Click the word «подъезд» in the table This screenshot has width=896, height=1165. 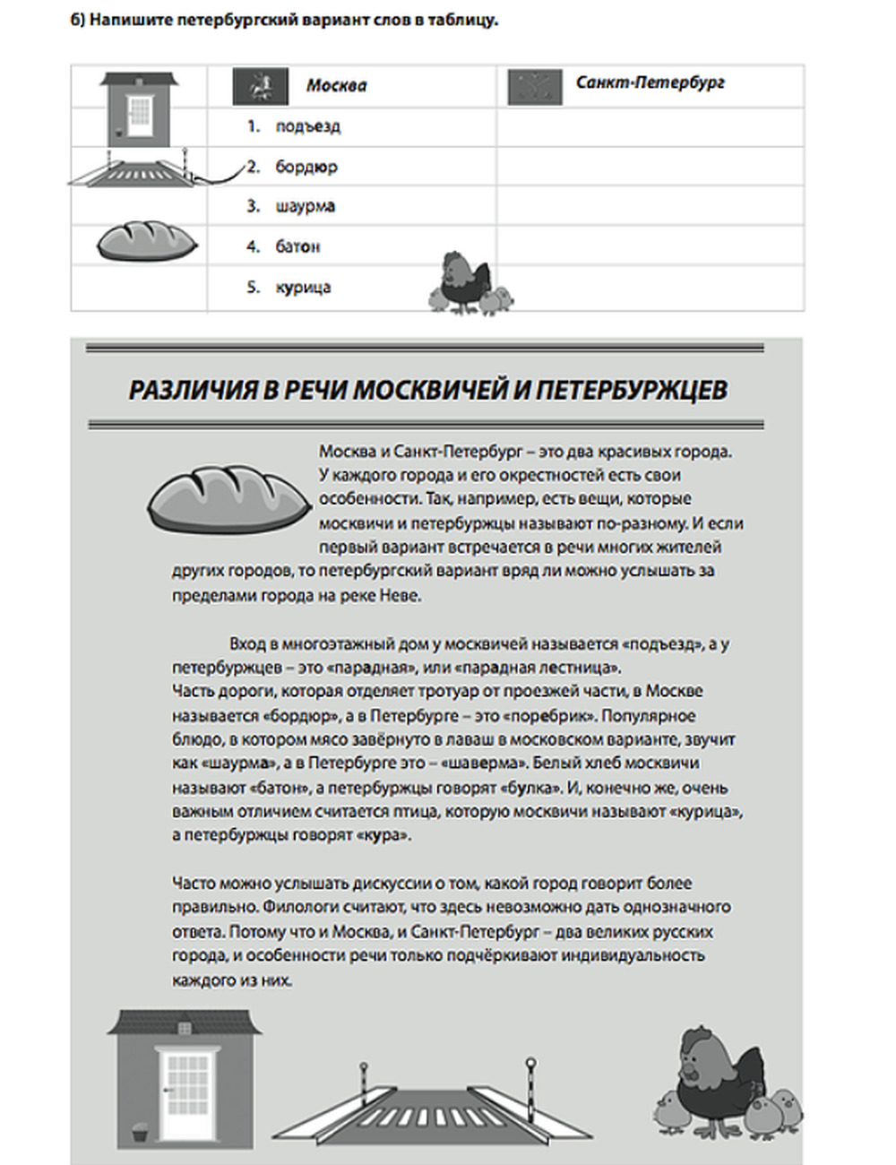[x=307, y=126]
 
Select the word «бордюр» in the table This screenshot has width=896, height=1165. [x=306, y=167]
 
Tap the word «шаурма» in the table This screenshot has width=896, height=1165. [x=305, y=206]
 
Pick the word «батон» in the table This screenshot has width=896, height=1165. [x=297, y=246]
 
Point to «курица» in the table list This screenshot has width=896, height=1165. [x=303, y=288]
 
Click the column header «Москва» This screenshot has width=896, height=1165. [x=336, y=86]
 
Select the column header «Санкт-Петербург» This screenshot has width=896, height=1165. [x=650, y=83]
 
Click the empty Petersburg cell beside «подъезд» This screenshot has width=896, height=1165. [x=650, y=126]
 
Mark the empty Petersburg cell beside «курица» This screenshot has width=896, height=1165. [x=650, y=288]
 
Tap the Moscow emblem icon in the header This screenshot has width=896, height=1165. [x=260, y=87]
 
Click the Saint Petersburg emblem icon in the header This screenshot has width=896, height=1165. [x=535, y=87]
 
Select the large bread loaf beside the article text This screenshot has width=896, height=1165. [x=228, y=497]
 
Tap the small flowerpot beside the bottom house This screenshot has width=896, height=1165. [x=139, y=1133]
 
